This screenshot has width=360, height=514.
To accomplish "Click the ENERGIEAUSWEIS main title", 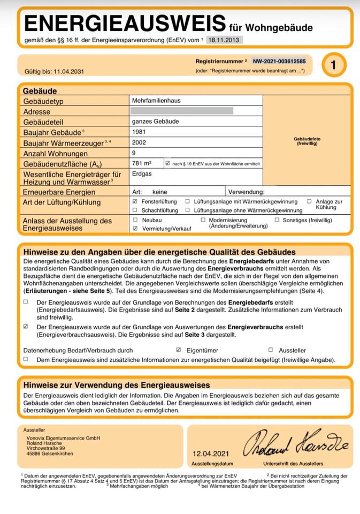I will tap(125, 24).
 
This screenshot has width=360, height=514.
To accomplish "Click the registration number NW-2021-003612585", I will tap(279, 62).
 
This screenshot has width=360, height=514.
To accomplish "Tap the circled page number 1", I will tap(334, 65).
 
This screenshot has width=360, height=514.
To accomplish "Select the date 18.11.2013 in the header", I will tap(225, 40).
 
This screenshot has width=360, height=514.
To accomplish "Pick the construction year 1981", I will tap(139, 132).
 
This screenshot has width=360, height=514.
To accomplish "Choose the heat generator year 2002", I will tap(139, 143).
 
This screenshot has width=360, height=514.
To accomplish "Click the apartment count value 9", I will tap(134, 153).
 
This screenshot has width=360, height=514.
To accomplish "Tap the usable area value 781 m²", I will tap(142, 163).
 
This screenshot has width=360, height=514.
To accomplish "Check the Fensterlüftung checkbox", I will tap(135, 201).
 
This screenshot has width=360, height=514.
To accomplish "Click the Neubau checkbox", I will tap(135, 220).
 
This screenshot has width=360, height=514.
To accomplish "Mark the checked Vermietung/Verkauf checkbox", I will tap(135, 228).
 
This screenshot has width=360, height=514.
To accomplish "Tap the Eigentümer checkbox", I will tap(179, 350).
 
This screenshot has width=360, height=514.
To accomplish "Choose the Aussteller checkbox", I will tap(271, 350).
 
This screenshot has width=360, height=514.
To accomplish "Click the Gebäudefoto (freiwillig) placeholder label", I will tap(307, 141).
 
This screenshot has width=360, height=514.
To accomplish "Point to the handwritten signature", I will tap(295, 443).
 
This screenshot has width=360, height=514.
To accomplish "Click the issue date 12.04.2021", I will tap(212, 453).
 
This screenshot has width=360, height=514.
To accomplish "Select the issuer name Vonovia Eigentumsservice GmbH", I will tap(63, 438).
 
